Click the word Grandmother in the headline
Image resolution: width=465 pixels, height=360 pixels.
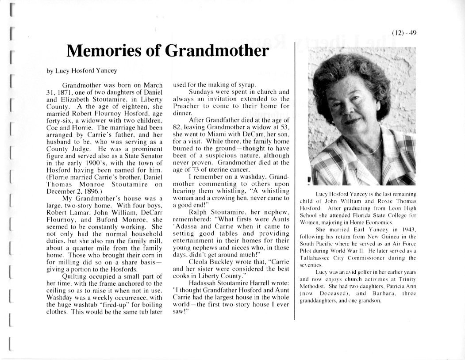click(x=216, y=52)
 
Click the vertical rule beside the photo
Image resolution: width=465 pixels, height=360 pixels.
click(x=295, y=177)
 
